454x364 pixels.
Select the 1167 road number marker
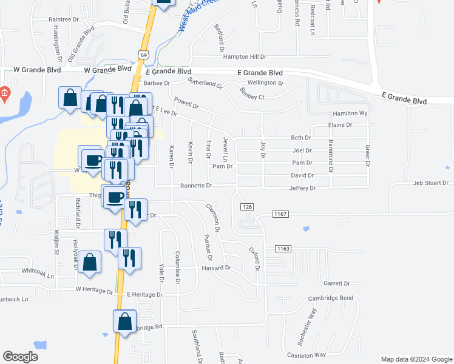tap(280, 214)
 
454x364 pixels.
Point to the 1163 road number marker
tap(283, 249)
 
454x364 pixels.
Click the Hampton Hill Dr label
tap(245, 57)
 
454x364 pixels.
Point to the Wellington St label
tap(265, 83)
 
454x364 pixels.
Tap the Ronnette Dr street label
tap(195, 186)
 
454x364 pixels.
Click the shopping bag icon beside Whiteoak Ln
tap(90, 262)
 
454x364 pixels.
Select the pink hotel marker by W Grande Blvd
tap(4, 93)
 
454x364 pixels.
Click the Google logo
tap(20, 357)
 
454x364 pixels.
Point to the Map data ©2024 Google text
tap(416, 359)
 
